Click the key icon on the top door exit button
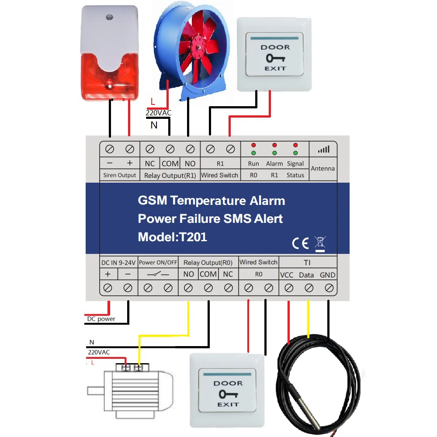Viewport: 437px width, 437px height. [x=274, y=58]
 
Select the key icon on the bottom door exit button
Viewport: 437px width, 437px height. [x=227, y=394]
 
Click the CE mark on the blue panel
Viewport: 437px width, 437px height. [x=300, y=243]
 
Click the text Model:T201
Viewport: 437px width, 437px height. [x=172, y=237]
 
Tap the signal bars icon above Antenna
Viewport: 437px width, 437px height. [x=323, y=149]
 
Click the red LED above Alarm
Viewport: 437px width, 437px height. [x=274, y=145]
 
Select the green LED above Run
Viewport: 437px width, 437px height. [x=253, y=153]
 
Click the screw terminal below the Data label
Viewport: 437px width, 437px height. [x=309, y=288]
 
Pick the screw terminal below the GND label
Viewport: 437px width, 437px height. [x=329, y=288]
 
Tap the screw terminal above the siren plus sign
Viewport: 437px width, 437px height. [x=129, y=149]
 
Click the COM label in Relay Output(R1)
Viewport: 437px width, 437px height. [x=170, y=163]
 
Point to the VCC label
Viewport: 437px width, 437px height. [x=286, y=275]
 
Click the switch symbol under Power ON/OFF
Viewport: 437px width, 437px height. [x=158, y=274]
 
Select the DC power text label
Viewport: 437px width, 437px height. [x=101, y=319]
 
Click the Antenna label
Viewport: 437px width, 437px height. [x=323, y=168]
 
